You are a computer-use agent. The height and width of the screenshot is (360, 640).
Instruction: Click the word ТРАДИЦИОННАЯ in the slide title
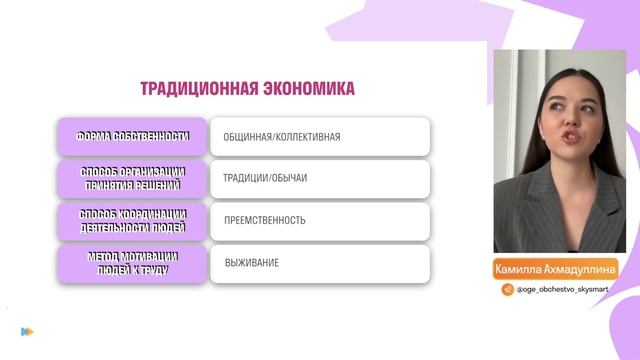point(196,89)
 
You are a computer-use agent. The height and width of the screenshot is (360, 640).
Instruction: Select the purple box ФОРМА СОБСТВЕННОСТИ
point(132,136)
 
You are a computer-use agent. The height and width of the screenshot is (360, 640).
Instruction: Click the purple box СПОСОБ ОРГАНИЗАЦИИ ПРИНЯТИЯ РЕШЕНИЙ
point(132,178)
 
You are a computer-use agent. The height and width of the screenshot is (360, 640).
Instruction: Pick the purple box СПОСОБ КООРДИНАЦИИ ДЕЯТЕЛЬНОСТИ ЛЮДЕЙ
point(132,221)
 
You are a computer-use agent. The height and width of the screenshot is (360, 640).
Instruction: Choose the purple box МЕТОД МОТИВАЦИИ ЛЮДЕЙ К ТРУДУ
point(132,264)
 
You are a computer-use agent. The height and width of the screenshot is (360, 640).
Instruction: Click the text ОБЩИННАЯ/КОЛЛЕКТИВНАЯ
point(282,136)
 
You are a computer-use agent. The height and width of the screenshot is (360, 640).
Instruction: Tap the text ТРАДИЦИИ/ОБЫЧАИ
point(265,178)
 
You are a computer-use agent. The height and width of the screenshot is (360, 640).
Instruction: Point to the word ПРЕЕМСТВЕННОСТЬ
point(265,220)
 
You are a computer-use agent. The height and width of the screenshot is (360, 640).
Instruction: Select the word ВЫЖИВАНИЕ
point(251,263)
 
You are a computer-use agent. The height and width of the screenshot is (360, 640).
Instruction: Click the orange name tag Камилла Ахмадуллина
point(557,269)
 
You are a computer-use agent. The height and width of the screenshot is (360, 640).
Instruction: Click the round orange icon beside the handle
point(508,289)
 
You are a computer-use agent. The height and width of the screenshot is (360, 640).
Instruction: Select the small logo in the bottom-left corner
point(27,331)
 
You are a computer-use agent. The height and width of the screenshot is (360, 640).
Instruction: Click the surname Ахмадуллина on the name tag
point(581,269)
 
